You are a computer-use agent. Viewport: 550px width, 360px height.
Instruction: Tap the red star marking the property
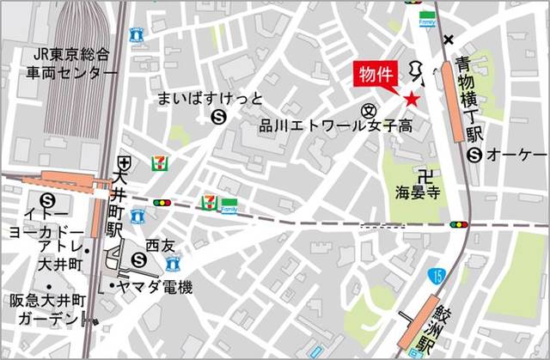tap(412, 100)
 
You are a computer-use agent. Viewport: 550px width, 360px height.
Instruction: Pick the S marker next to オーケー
tap(474, 155)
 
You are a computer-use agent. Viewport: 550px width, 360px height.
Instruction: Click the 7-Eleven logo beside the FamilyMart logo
tap(207, 202)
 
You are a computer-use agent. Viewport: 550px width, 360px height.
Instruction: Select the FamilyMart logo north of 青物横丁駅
tap(426, 15)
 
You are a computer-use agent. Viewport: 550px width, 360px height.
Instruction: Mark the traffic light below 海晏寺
tap(460, 225)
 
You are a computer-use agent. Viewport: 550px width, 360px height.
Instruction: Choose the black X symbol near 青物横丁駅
tap(448, 40)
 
